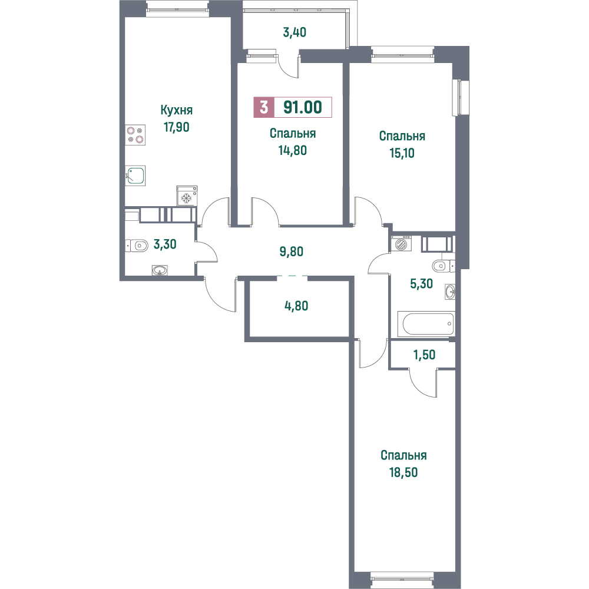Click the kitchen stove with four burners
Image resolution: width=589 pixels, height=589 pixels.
[x=135, y=135]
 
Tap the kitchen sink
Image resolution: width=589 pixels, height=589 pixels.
[x=135, y=176]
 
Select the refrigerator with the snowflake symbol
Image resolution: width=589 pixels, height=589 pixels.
[x=187, y=196]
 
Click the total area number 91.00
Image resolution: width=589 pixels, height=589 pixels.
[x=302, y=107]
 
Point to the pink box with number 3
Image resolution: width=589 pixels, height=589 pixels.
[x=264, y=107]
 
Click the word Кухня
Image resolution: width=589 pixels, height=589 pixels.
[x=177, y=110]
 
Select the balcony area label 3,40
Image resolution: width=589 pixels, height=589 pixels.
[x=294, y=32]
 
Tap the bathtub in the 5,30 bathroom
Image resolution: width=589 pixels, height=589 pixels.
[x=428, y=324]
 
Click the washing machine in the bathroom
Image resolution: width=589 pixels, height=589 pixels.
[x=401, y=244]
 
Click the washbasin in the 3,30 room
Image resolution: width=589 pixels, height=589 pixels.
[x=160, y=270]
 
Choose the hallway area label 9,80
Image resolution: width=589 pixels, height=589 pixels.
[x=291, y=252]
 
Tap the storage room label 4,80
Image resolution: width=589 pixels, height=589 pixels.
[x=296, y=306]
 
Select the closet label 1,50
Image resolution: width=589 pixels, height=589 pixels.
[x=425, y=355]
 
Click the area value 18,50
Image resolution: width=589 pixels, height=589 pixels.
[x=403, y=472]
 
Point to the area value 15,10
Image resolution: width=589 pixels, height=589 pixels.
[x=402, y=153]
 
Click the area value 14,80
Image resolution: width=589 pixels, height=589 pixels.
[x=292, y=150]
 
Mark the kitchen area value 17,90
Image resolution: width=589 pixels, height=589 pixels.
[x=176, y=127]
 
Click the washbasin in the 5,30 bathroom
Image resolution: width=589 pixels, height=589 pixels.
[x=450, y=292]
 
